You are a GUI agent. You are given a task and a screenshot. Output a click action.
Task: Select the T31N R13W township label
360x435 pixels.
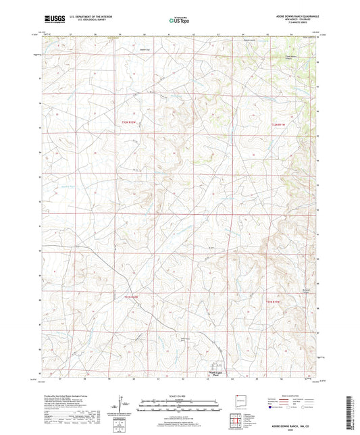click(x=134, y=296)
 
